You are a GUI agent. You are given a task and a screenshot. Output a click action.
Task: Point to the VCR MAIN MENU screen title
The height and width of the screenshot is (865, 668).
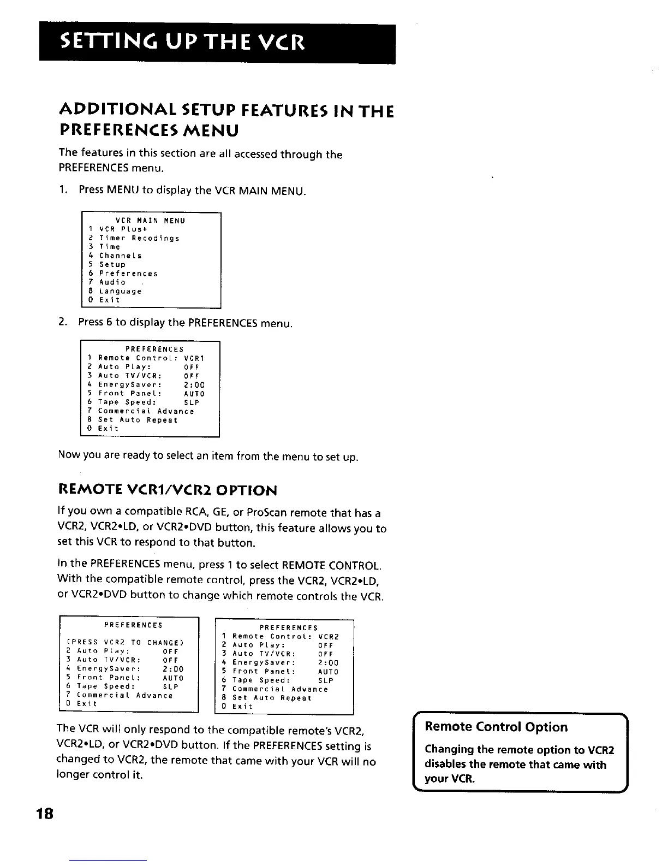151,221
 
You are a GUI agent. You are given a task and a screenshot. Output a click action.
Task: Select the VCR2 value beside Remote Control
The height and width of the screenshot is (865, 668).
329,637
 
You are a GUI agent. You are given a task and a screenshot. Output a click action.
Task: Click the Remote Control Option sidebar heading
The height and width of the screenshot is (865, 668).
496,727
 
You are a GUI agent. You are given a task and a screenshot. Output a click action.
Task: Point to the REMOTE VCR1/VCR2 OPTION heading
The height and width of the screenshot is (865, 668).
168,490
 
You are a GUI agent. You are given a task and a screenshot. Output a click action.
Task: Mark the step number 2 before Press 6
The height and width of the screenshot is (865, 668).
62,322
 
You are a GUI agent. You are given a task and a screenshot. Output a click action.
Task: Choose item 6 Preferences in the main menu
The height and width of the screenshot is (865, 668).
128,274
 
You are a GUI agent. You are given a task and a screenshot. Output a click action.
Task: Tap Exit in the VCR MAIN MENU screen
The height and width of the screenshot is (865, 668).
109,300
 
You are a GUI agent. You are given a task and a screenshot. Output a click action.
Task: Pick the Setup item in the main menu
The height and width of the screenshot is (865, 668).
112,264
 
